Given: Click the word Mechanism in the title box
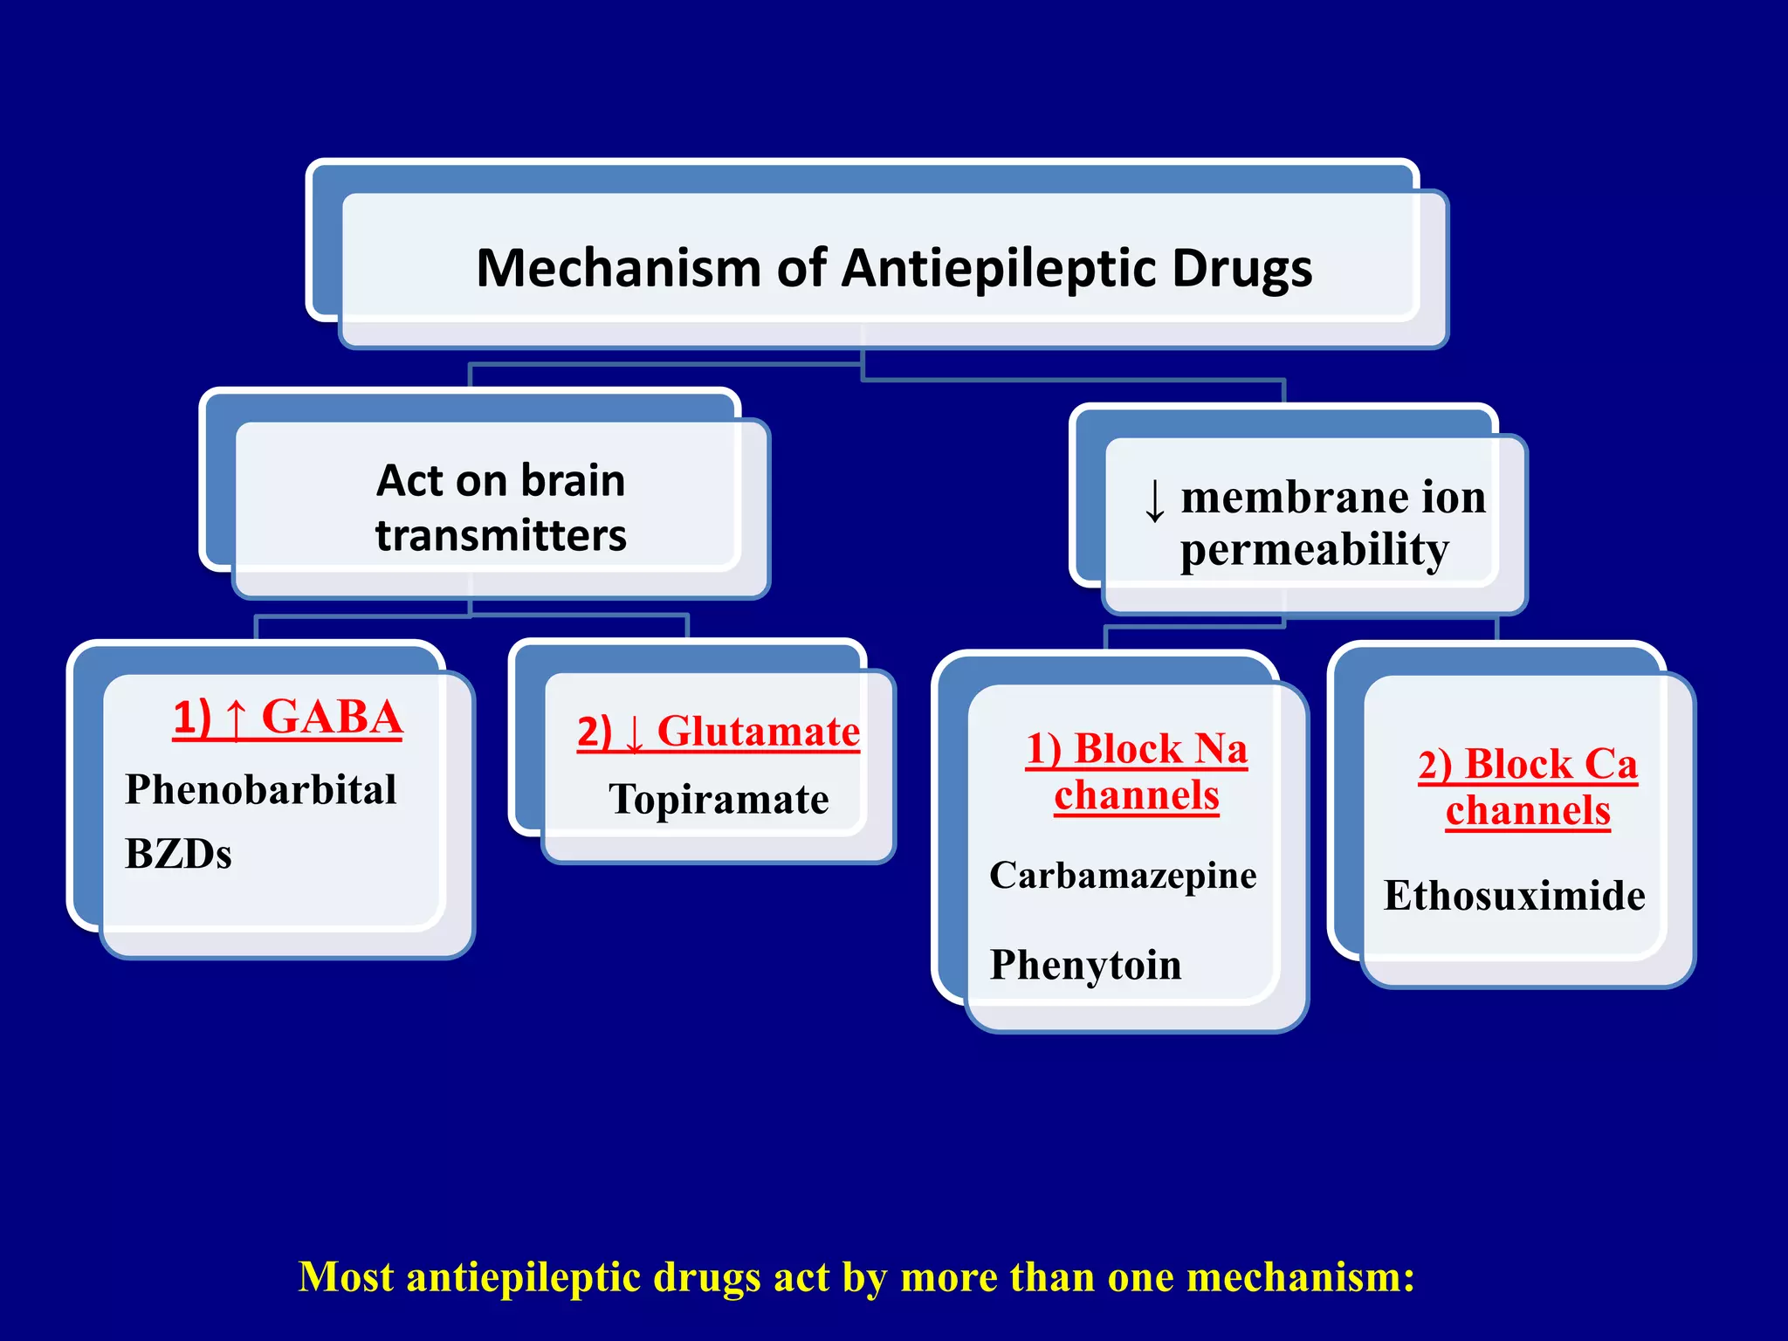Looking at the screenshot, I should coord(618,268).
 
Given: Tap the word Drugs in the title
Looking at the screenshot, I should coord(1241,269).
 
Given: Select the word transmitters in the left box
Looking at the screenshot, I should coord(501,536).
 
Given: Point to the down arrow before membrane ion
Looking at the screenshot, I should coord(1154,501).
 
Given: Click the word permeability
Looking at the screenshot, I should coord(1314,551).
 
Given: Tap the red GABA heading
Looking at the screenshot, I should coord(332,718).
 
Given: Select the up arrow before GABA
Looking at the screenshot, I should coord(235,719).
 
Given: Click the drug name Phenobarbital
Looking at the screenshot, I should coord(260,790).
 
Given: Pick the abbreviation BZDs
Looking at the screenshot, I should coord(178,854).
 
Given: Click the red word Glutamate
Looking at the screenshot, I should coord(758,732).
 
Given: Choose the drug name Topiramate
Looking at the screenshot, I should coord(719,800).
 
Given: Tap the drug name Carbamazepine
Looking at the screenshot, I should coord(1123,876).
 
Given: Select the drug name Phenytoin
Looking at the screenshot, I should coord(1085,966).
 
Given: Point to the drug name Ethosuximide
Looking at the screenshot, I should coord(1515,897).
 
